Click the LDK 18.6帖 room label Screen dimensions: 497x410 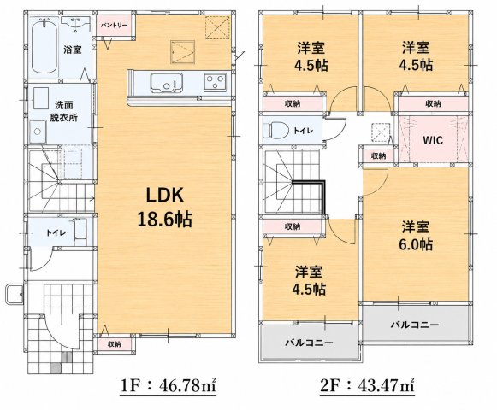tap(165, 208)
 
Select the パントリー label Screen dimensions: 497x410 tap(115, 26)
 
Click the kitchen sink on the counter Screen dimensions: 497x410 tap(166, 83)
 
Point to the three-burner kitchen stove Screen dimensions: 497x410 tap(216, 82)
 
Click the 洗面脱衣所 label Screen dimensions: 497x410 tap(63, 111)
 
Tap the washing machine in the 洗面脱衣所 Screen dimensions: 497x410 tap(38, 131)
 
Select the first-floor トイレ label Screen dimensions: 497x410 tap(56, 233)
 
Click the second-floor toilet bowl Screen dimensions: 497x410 tap(275, 130)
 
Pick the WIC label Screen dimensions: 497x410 tap(433, 140)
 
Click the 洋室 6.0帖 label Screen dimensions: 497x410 tap(416, 236)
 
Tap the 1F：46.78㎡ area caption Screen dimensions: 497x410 tap(169, 386)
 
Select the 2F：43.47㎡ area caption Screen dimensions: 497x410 tap(368, 386)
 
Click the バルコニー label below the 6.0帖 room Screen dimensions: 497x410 tap(415, 325)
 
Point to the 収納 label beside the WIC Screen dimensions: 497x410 tap(378, 155)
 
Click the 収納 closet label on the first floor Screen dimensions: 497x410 tap(114, 344)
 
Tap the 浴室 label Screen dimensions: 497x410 tap(73, 50)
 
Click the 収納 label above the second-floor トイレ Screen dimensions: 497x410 tap(293, 103)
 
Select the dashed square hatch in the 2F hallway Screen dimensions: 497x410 tap(381, 132)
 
